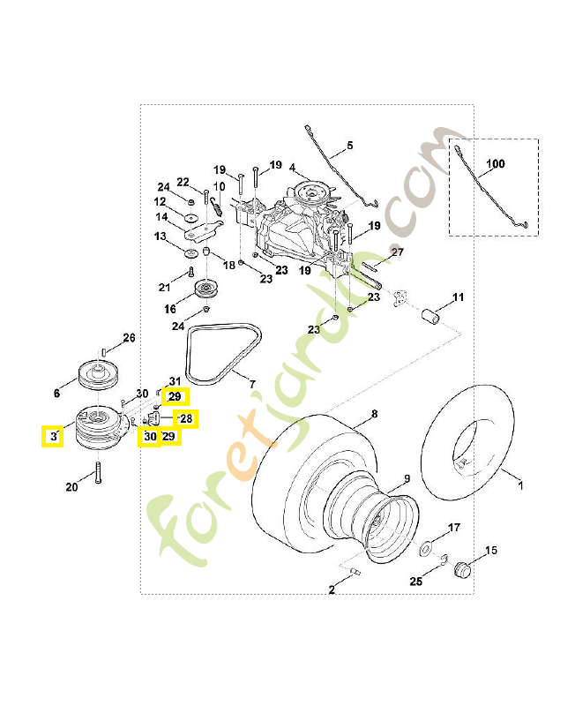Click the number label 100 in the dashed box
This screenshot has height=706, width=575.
(496, 164)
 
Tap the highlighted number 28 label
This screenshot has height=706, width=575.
(186, 418)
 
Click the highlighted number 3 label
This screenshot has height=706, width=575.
(53, 436)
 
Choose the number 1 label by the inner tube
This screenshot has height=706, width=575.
(519, 484)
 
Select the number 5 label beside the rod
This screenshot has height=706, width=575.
(348, 145)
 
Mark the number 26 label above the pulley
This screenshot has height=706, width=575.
(129, 338)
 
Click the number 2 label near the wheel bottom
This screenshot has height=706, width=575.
(332, 590)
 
